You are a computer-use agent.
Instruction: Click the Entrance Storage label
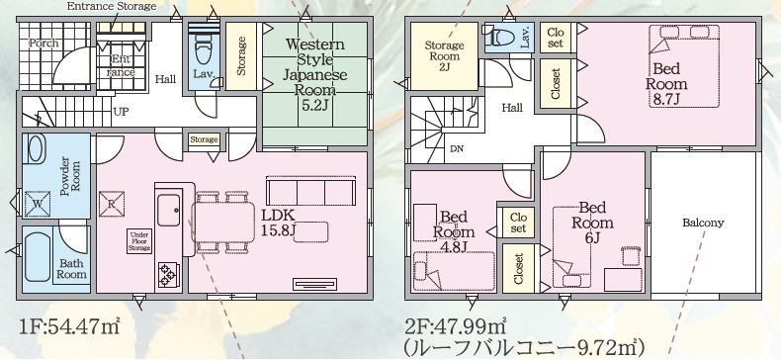pyautogui.click(x=112, y=7)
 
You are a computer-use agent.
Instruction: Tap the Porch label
pyautogui.click(x=43, y=43)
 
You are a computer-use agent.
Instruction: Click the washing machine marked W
pyautogui.click(x=38, y=205)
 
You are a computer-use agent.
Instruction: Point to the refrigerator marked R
pyautogui.click(x=112, y=205)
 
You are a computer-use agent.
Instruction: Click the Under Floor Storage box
pyautogui.click(x=139, y=241)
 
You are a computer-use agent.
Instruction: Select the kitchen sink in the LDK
pyautogui.click(x=169, y=210)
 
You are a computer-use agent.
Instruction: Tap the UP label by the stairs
pyautogui.click(x=121, y=112)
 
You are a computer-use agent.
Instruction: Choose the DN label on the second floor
pyautogui.click(x=456, y=148)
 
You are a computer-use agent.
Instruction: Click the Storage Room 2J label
pyautogui.click(x=444, y=55)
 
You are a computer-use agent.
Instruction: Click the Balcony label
pyautogui.click(x=703, y=223)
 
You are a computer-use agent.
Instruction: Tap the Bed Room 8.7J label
pyautogui.click(x=666, y=83)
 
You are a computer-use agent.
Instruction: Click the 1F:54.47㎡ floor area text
pyautogui.click(x=70, y=327)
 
